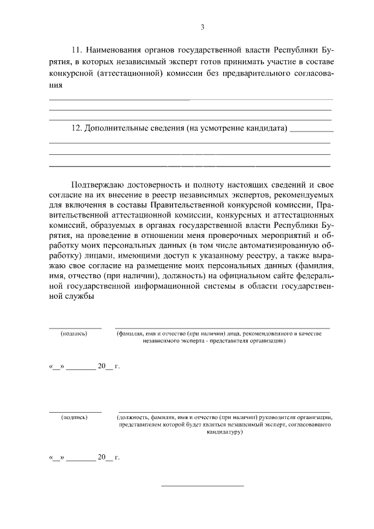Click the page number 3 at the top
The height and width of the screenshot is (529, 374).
click(x=202, y=27)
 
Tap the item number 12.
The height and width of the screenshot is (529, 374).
click(x=76, y=128)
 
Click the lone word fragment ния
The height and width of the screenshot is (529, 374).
click(x=55, y=85)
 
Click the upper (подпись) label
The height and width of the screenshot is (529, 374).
click(x=74, y=334)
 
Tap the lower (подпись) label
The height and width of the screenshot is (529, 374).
click(x=74, y=417)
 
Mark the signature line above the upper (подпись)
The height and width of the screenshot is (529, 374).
click(x=75, y=327)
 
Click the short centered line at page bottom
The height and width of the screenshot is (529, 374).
click(x=202, y=486)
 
